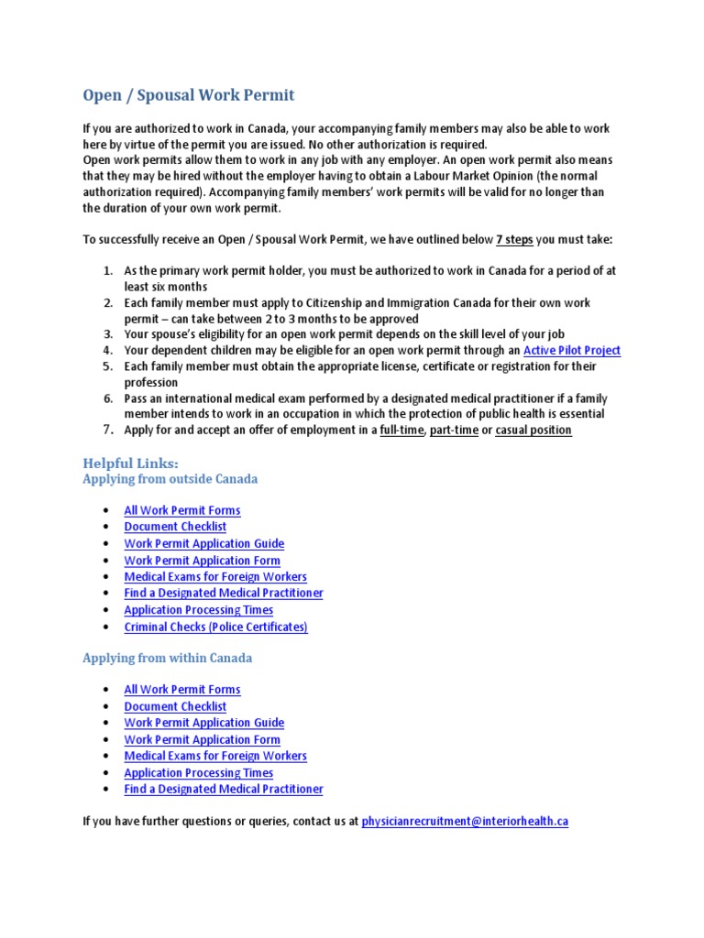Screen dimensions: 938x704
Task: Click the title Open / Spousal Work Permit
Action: click(x=189, y=95)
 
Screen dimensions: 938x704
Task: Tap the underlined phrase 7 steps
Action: click(x=514, y=240)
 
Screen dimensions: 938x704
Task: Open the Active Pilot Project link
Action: click(x=571, y=350)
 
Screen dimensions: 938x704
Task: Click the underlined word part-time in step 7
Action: click(x=454, y=430)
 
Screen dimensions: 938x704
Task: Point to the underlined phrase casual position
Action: click(x=533, y=430)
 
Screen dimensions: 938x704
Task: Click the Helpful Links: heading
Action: click(x=130, y=464)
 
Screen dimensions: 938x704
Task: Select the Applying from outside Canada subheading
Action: click(x=170, y=479)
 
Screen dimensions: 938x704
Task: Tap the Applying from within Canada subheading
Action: click(x=167, y=658)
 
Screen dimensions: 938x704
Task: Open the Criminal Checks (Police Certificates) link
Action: click(x=215, y=627)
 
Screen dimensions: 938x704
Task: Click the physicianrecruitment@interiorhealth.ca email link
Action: click(x=465, y=822)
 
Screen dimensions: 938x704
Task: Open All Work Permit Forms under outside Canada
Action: click(x=182, y=510)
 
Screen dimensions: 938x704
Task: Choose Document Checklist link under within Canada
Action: click(x=175, y=706)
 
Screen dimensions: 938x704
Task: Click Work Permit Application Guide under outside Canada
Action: click(x=203, y=543)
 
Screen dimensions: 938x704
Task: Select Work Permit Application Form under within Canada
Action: click(x=202, y=739)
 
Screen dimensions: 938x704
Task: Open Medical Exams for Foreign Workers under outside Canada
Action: click(x=215, y=577)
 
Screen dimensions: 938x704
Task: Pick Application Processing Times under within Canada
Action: click(x=198, y=772)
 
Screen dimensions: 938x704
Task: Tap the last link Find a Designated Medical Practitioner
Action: click(x=223, y=789)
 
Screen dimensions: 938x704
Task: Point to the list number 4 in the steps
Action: click(x=107, y=350)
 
